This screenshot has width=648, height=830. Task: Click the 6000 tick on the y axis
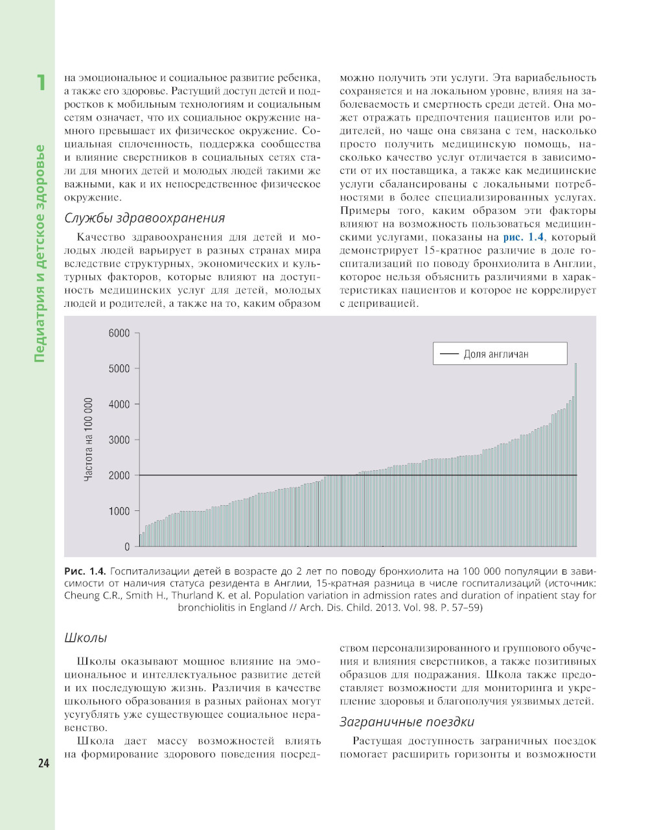pyautogui.click(x=119, y=333)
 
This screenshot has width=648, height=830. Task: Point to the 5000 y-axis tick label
pyautogui.click(x=119, y=369)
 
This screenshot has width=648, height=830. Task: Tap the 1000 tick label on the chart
pyautogui.click(x=119, y=512)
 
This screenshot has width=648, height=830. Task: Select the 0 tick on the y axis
pyautogui.click(x=127, y=547)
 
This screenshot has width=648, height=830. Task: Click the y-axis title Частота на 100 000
pyautogui.click(x=89, y=439)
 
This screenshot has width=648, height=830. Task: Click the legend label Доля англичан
pyautogui.click(x=496, y=354)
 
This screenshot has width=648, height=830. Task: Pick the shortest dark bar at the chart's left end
pyautogui.click(x=141, y=540)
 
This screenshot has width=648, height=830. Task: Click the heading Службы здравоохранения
pyautogui.click(x=145, y=218)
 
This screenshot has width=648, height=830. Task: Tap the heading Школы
pyautogui.click(x=86, y=638)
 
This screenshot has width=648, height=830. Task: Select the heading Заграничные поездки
pyautogui.click(x=407, y=722)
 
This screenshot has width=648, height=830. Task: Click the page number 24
pyautogui.click(x=43, y=763)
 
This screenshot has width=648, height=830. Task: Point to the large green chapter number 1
pyautogui.click(x=41, y=83)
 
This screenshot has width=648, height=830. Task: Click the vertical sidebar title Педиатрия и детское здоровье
pyautogui.click(x=40, y=253)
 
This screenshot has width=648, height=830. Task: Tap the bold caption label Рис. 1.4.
pyautogui.click(x=85, y=571)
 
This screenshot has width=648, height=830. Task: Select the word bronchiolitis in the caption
pyautogui.click(x=211, y=608)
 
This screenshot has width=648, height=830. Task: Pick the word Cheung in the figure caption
pyautogui.click(x=81, y=595)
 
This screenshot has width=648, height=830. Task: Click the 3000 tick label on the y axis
pyautogui.click(x=119, y=440)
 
